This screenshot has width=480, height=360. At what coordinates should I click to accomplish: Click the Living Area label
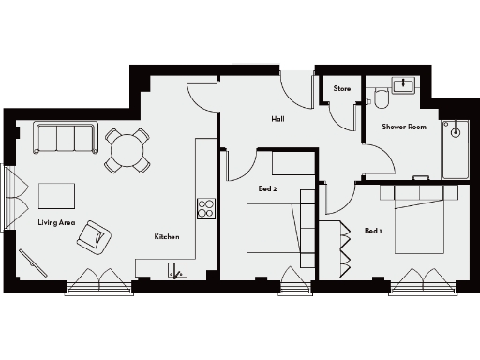coord(56,222)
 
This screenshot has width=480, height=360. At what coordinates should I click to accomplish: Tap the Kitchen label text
coord(167,237)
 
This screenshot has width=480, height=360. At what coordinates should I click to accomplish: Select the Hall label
coord(278,119)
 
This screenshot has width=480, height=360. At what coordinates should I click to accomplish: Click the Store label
coord(342,89)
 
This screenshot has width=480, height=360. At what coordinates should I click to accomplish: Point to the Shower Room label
coord(404,126)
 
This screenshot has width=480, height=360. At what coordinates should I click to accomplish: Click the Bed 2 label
coord(267,188)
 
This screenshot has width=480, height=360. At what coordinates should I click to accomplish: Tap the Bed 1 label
coord(374,231)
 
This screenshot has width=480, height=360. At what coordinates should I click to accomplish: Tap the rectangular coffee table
coord(57,195)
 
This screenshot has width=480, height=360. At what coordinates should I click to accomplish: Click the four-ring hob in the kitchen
coord(205,208)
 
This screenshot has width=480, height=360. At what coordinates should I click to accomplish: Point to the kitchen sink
coord(176,271)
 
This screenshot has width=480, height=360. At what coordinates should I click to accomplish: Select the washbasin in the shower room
coord(405,85)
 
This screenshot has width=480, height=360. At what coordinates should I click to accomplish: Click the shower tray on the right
coord(457,150)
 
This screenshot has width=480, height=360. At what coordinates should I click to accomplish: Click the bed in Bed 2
coord(274,228)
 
